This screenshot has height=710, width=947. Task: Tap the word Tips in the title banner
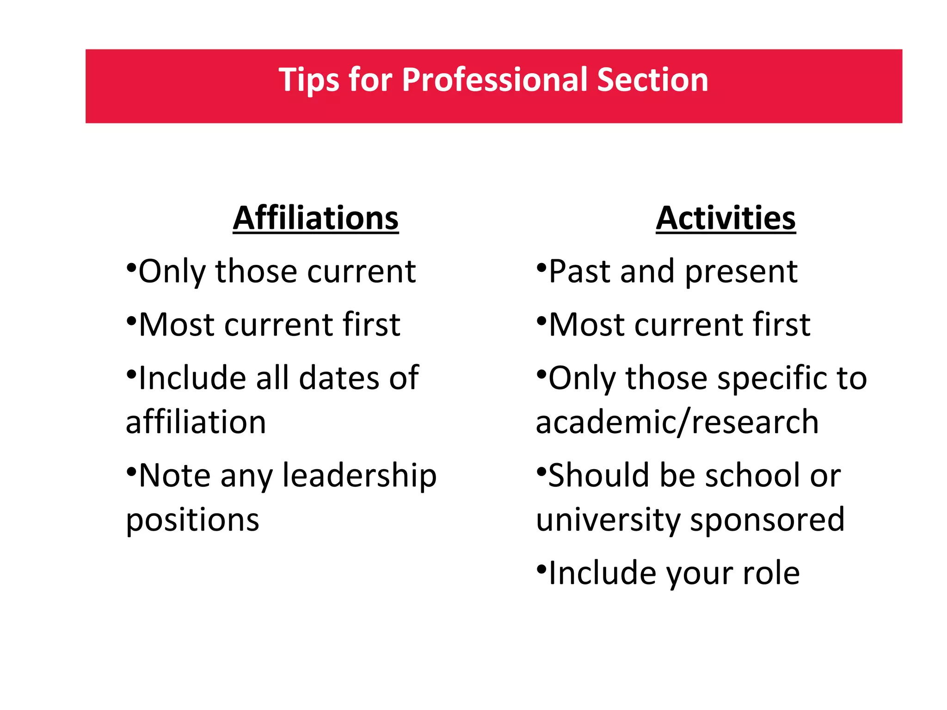[x=308, y=80]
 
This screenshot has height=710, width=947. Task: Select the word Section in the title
[x=652, y=80]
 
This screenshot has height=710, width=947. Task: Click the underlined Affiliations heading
[x=315, y=218]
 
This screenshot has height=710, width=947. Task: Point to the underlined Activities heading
[x=726, y=218]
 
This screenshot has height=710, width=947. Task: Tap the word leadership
[x=359, y=476]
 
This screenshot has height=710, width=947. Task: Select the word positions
[x=192, y=520]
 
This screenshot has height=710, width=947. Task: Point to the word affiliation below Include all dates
[x=196, y=422]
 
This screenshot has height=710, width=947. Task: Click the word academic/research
[x=677, y=422]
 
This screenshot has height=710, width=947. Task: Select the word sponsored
[x=767, y=520]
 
